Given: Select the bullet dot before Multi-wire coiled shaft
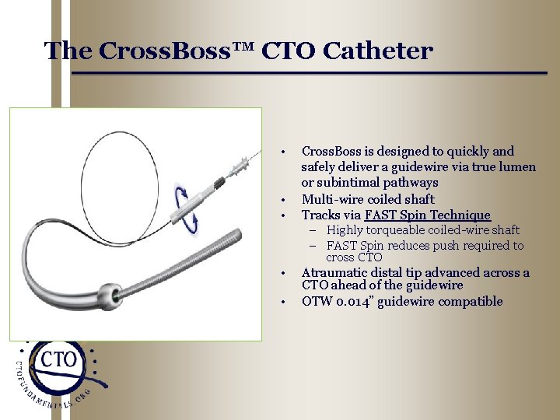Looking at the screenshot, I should pos(285,199).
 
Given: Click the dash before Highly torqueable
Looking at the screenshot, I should pos(318,230).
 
